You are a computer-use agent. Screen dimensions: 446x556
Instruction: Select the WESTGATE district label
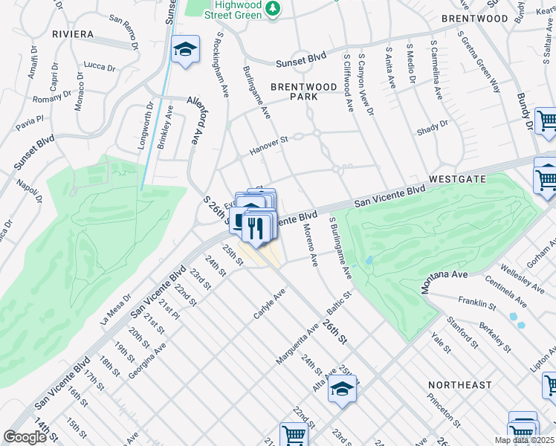click(x=457, y=180)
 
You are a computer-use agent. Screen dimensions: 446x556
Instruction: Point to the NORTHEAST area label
click(x=460, y=385)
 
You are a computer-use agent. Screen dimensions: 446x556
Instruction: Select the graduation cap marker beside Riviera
click(x=185, y=50)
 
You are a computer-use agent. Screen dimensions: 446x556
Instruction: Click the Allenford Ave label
click(x=195, y=119)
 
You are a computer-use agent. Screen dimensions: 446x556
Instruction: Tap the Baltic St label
click(x=339, y=305)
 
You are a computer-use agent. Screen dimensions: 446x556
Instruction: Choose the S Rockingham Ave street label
click(x=222, y=64)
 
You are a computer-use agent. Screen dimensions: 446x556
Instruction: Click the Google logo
click(x=25, y=436)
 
